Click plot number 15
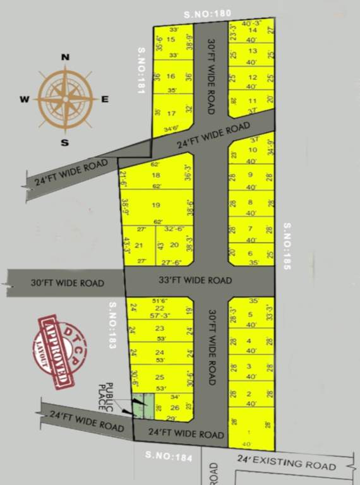[171, 39]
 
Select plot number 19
[156, 205]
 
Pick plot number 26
[175, 407]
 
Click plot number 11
[253, 100]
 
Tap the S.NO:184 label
[168, 456]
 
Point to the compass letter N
[64, 57]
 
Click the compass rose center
[65, 99]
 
